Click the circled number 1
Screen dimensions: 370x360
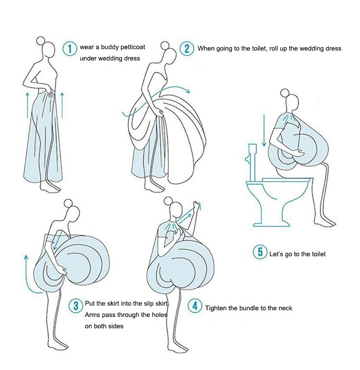tap(69, 48)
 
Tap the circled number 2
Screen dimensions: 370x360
tap(186, 48)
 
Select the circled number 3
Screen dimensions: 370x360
tap(75, 306)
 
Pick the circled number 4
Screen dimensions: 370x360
tap(194, 307)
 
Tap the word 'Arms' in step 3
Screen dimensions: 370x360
tap(93, 315)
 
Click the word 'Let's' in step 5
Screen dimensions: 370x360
tap(277, 254)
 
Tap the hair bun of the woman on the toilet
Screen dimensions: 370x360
tap(284, 93)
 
